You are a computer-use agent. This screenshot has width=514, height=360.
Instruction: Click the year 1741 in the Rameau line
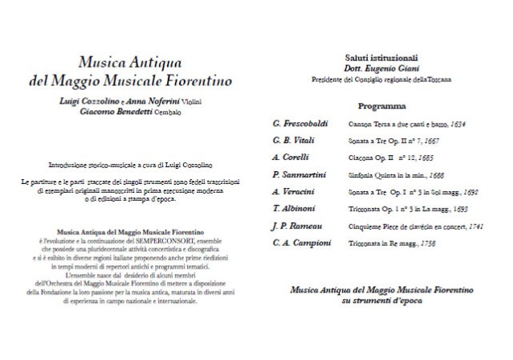click(x=479, y=224)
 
